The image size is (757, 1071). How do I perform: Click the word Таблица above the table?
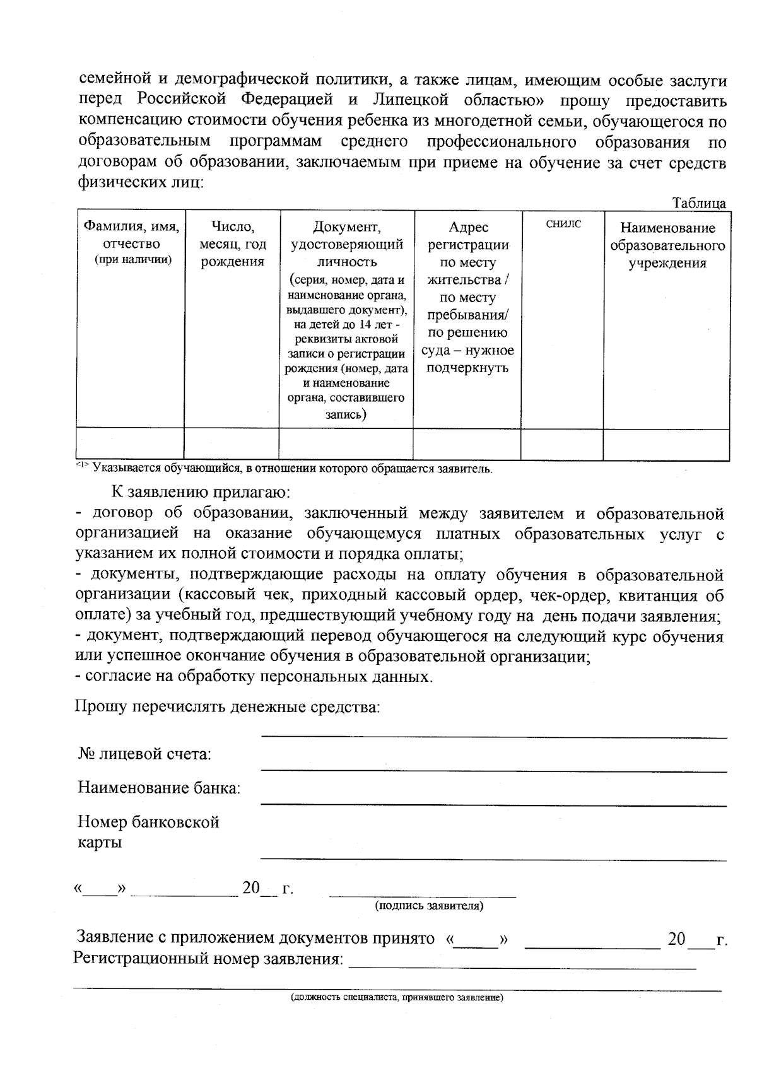pos(698,204)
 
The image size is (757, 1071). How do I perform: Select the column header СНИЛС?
pos(563,224)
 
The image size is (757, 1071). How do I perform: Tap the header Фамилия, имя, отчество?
pos(131,243)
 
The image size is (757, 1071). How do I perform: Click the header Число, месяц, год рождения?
pos(232,244)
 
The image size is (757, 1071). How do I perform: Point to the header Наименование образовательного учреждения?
pos(667,245)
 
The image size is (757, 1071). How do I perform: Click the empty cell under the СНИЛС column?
pos(561,443)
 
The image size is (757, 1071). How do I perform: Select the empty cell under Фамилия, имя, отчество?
pos(130,443)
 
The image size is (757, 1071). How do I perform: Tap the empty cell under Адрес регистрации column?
pos(467,443)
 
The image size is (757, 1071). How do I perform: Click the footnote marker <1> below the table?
pos(83,466)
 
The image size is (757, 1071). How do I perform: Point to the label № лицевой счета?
pos(144,754)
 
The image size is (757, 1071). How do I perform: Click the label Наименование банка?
pos(159,788)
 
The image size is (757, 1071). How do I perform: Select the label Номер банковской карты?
pos(148,832)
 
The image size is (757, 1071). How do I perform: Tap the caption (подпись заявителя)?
pos(429,906)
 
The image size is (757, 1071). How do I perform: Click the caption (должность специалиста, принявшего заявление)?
pos(396,998)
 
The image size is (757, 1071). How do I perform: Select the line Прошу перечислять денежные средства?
pos(228,706)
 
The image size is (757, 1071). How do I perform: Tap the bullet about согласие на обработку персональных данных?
pos(254,677)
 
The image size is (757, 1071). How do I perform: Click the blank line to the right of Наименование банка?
pos(493,804)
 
